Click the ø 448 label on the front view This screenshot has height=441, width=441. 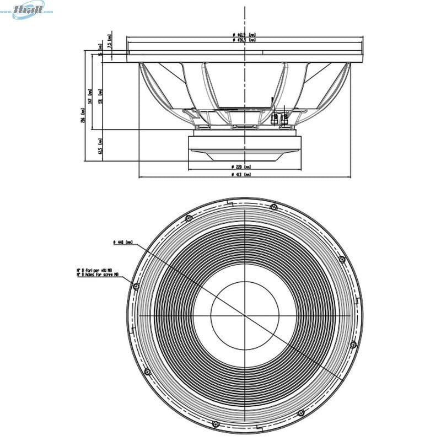click(122, 242)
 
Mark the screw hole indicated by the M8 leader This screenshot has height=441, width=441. click(136, 285)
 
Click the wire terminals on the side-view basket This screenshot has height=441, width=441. click(280, 117)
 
